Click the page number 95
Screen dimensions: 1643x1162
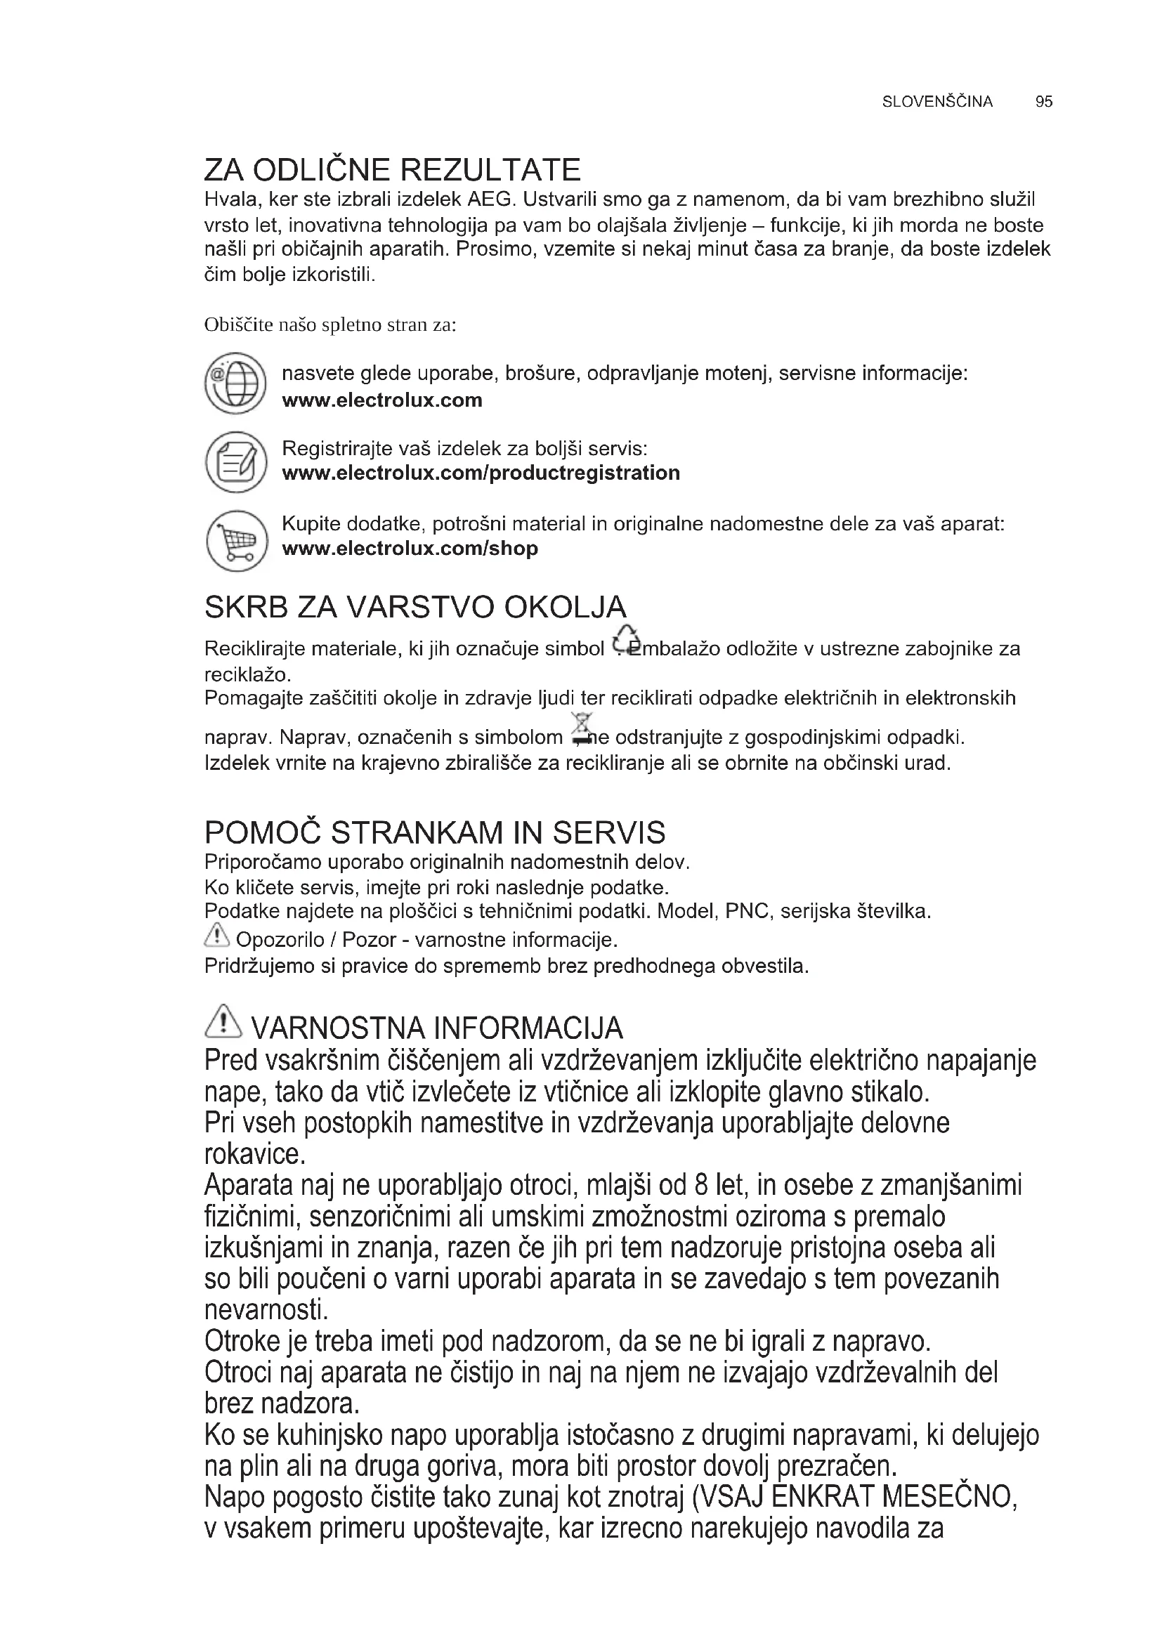click(1043, 102)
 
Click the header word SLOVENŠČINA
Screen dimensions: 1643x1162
click(937, 102)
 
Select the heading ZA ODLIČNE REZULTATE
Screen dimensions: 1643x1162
click(392, 169)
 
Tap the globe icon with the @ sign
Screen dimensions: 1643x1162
click(236, 383)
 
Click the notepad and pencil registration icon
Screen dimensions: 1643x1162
click(236, 462)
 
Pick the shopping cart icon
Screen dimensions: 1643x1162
click(236, 540)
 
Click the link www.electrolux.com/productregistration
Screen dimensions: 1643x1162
click(481, 473)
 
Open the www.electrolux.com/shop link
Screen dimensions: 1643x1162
click(410, 549)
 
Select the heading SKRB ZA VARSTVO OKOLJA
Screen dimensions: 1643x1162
click(415, 608)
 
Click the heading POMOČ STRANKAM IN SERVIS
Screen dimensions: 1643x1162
click(434, 833)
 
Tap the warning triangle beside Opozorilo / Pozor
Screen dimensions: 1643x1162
click(217, 934)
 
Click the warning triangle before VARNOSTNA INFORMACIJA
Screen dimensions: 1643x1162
click(223, 1021)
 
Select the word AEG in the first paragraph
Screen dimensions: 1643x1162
click(490, 199)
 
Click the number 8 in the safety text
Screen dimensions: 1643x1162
click(701, 1186)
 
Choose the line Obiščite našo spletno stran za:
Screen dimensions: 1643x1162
click(330, 325)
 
